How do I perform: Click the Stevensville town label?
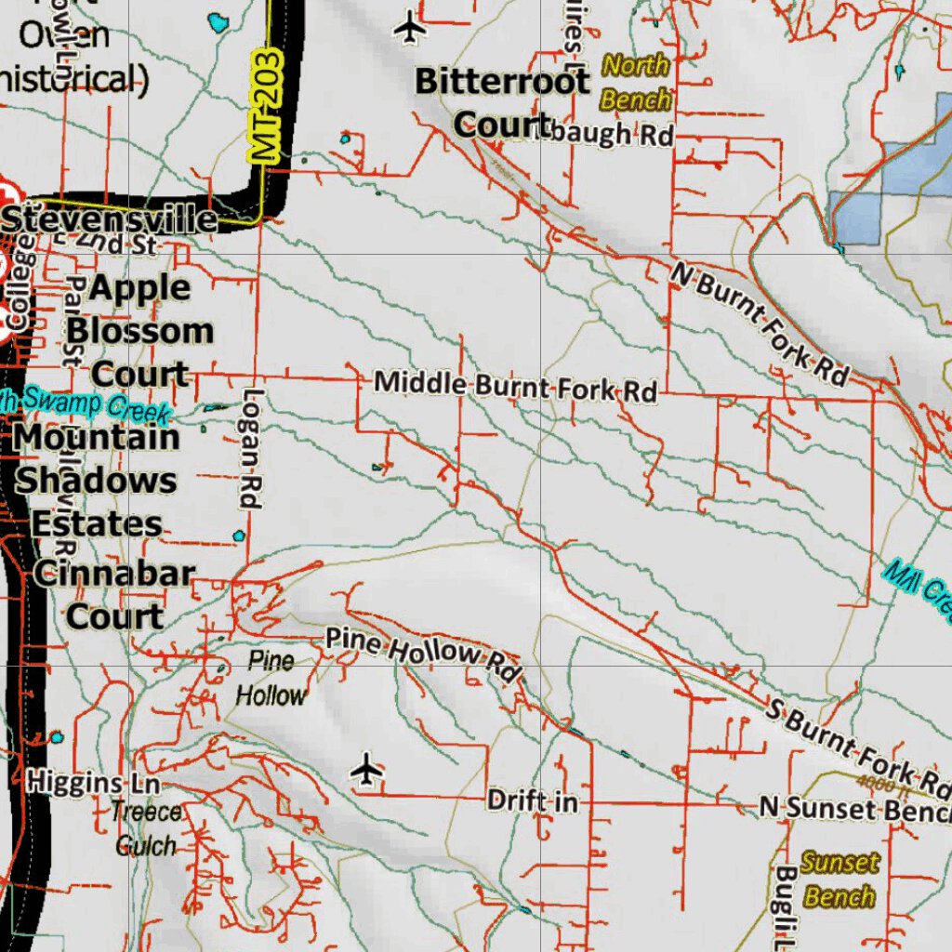pyautogui.click(x=110, y=219)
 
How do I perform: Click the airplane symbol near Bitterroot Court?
pyautogui.click(x=410, y=28)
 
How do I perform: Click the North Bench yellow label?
pyautogui.click(x=636, y=82)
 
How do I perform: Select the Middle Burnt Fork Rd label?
pyautogui.click(x=515, y=386)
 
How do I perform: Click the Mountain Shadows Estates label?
pyautogui.click(x=98, y=481)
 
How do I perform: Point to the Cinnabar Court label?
pyautogui.click(x=114, y=594)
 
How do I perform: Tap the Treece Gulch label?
pyautogui.click(x=146, y=828)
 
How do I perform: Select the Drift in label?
pyautogui.click(x=532, y=800)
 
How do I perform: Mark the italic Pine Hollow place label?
pyautogui.click(x=270, y=679)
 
